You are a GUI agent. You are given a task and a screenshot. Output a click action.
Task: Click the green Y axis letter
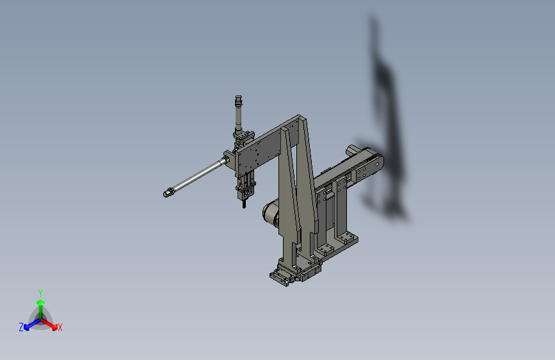coord(40,291)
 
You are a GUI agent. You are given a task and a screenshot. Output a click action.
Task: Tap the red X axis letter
coord(60,328)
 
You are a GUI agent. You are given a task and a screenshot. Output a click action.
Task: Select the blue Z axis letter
coord(21,327)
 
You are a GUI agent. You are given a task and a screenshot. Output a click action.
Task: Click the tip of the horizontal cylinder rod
coord(168,192)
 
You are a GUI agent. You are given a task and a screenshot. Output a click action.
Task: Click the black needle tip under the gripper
coord(244,205)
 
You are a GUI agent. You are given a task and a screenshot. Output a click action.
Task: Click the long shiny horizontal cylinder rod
coord(195,177)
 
